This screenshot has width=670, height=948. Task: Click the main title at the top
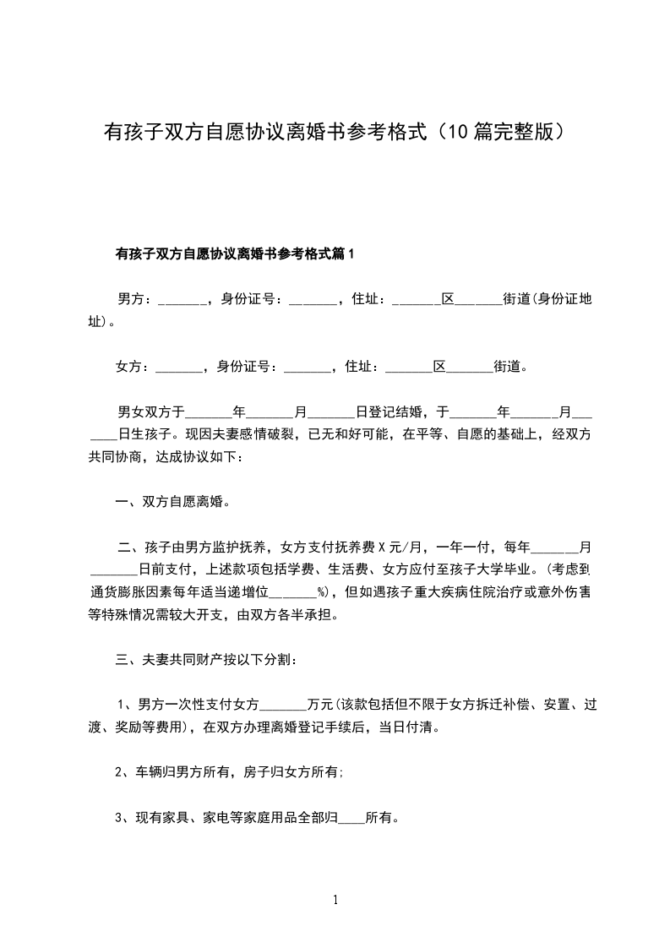tap(335, 132)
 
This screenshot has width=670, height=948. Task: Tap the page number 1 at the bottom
tap(335, 900)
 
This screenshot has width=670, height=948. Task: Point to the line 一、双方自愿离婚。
tap(173, 501)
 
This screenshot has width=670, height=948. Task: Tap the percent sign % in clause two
tap(322, 591)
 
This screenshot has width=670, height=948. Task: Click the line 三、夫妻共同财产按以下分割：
tap(205, 659)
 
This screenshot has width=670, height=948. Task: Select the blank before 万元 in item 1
tap(285, 704)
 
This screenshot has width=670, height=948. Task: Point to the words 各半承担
tap(300, 614)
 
